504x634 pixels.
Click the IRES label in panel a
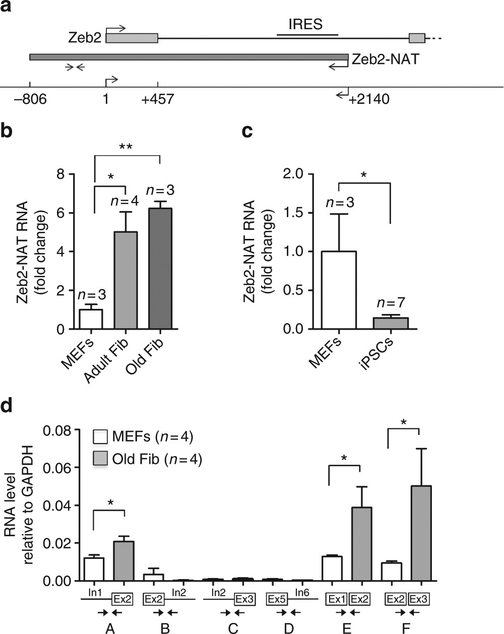click(x=305, y=24)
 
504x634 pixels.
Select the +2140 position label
click(x=369, y=99)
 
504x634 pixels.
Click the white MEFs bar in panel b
click(x=91, y=319)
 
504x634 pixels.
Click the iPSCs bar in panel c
click(x=391, y=323)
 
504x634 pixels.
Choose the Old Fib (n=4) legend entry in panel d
click(x=148, y=459)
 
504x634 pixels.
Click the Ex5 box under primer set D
click(x=276, y=599)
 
